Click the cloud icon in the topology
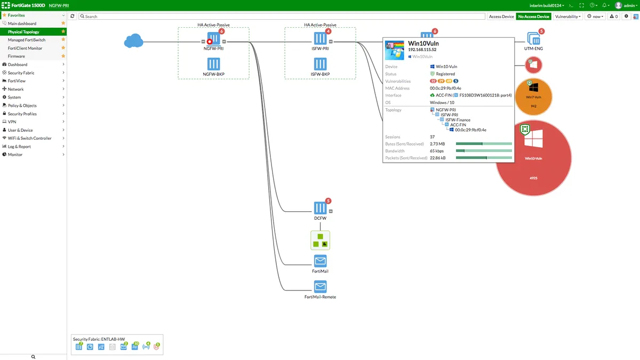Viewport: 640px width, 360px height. (x=134, y=41)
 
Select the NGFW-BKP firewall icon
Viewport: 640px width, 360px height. (x=213, y=63)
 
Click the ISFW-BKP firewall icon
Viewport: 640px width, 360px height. (x=320, y=63)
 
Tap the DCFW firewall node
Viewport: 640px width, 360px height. (x=320, y=207)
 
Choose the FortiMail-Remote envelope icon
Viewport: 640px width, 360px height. (x=320, y=286)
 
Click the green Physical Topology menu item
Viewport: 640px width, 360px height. (x=23, y=32)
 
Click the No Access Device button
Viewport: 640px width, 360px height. (x=533, y=17)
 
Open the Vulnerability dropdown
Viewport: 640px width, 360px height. (x=568, y=17)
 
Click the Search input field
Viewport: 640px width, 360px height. (x=283, y=17)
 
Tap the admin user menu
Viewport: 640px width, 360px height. (x=627, y=5)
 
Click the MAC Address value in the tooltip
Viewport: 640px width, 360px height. (x=446, y=88)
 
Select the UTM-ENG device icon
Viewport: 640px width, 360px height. (x=533, y=39)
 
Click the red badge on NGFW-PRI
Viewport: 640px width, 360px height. (x=222, y=31)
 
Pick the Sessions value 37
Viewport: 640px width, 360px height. (x=433, y=137)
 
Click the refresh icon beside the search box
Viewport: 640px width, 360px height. (x=73, y=17)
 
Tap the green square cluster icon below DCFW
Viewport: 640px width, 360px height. (x=321, y=240)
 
